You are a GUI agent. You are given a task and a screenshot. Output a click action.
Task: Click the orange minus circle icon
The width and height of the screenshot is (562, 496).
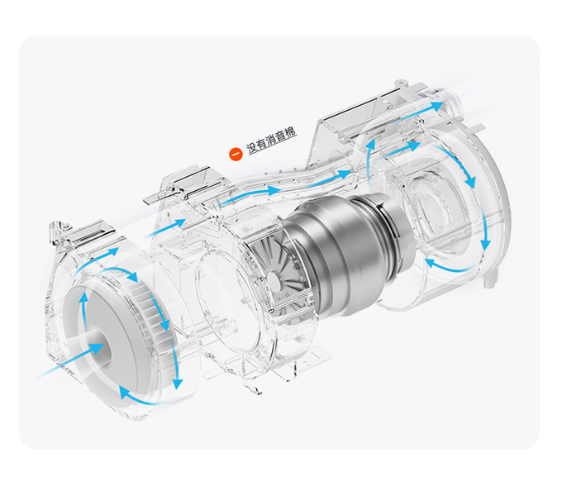pos(236,155)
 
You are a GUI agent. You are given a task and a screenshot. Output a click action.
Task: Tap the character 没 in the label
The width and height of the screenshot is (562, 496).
pos(252,148)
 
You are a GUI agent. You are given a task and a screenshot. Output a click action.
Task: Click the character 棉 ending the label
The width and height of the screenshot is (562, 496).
pos(290,132)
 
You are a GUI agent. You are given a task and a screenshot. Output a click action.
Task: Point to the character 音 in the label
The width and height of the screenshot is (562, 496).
pos(281,136)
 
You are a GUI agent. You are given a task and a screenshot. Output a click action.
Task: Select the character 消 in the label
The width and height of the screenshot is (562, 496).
pos(271,141)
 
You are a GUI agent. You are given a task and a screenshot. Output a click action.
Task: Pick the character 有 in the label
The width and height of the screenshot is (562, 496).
pos(262,145)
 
